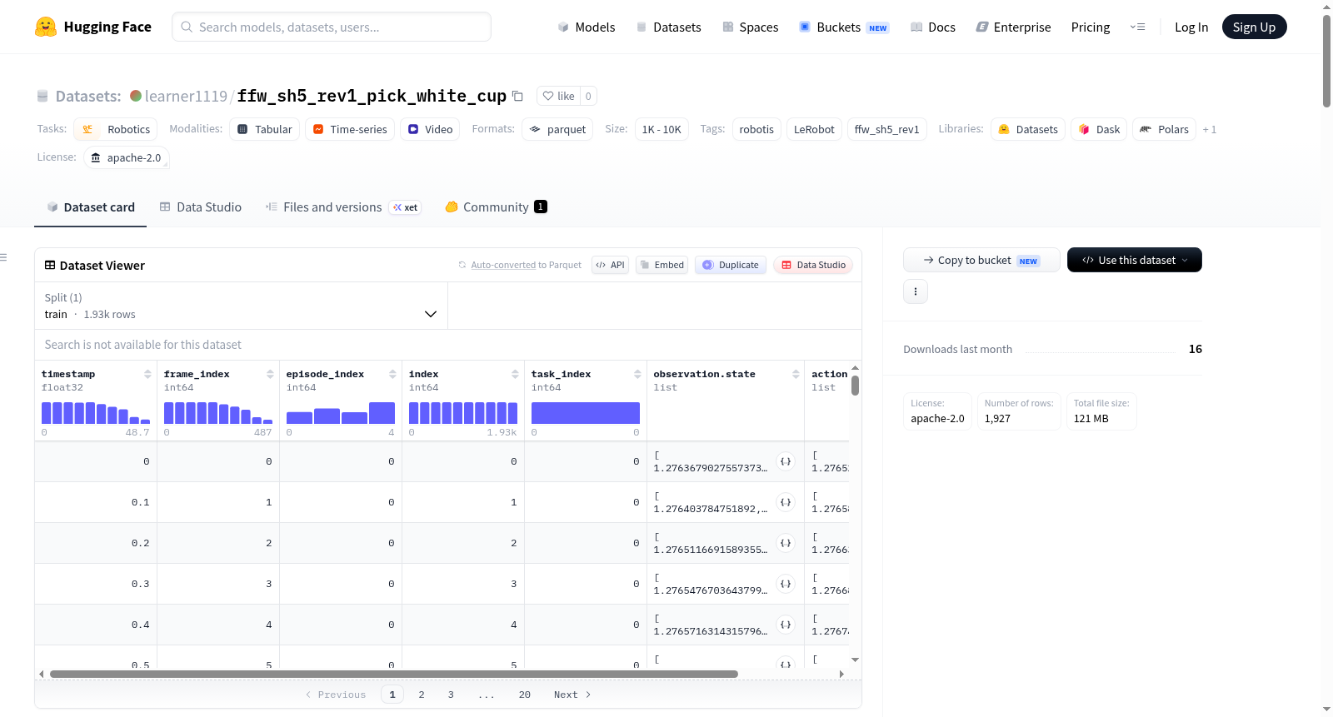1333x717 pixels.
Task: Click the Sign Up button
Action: (x=1254, y=27)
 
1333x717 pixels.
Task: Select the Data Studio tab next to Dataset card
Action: (x=201, y=207)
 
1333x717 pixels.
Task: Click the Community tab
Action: (x=496, y=207)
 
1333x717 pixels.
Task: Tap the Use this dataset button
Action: (x=1134, y=260)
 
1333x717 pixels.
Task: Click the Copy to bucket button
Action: (x=981, y=260)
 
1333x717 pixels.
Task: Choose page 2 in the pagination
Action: (x=422, y=695)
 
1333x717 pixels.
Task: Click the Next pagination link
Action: (x=572, y=695)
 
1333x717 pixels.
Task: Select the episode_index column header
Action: (x=325, y=374)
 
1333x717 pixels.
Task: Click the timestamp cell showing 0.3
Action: (x=141, y=584)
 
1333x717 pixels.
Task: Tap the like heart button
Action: (x=559, y=96)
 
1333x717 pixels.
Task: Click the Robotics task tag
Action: (x=116, y=129)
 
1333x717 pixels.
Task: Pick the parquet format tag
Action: (x=557, y=129)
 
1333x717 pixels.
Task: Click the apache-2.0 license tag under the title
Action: (x=126, y=157)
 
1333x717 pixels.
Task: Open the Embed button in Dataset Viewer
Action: (x=662, y=265)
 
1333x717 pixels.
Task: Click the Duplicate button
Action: (x=730, y=265)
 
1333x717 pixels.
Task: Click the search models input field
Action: (x=332, y=27)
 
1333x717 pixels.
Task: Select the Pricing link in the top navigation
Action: (x=1091, y=27)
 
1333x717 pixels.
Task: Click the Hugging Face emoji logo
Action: (x=46, y=27)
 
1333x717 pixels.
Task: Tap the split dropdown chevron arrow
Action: (x=430, y=314)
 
